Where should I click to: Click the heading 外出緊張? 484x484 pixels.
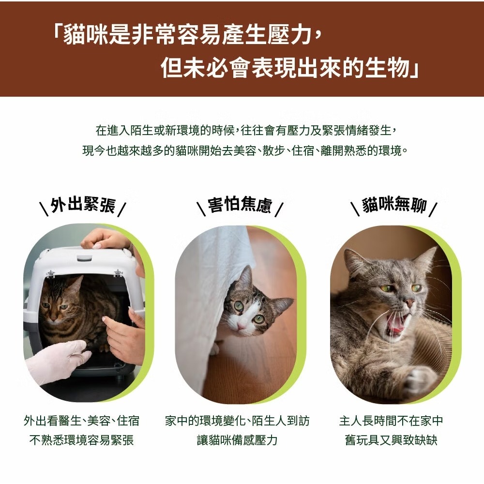[83, 205]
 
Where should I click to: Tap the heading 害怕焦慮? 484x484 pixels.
[240, 204]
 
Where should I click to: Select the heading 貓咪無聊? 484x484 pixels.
[394, 204]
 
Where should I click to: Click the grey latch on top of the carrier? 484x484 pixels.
[84, 257]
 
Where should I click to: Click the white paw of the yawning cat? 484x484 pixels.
[420, 379]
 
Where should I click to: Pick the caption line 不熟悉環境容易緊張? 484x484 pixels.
[81, 439]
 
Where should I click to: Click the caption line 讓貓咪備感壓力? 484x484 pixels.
[237, 439]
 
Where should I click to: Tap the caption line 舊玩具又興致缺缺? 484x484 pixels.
[391, 439]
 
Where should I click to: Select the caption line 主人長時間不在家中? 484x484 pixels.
[391, 421]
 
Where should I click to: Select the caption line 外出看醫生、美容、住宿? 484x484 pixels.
[81, 421]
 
